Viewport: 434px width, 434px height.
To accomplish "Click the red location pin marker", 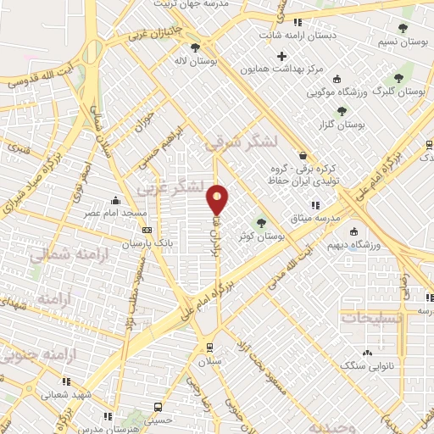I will click(x=218, y=200).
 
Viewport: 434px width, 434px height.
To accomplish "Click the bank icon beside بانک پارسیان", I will click(x=147, y=230).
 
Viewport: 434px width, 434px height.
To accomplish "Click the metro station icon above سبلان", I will click(x=209, y=348).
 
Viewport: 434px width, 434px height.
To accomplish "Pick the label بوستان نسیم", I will click(x=401, y=41).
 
